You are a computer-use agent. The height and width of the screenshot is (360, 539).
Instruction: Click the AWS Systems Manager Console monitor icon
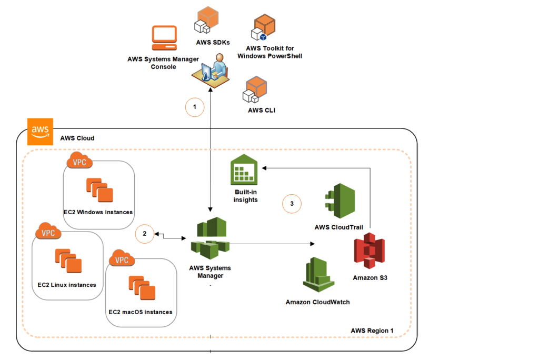164,37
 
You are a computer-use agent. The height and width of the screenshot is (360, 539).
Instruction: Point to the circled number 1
195,107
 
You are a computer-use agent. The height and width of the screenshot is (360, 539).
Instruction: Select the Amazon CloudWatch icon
318,275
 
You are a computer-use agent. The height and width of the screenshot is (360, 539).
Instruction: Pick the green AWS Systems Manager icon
210,239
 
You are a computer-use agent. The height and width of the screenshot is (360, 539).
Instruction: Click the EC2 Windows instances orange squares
99,190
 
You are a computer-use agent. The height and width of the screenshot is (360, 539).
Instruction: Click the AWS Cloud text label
77,138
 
